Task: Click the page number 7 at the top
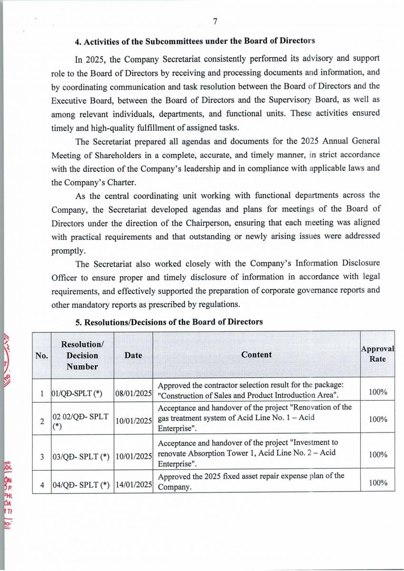pyautogui.click(x=215, y=21)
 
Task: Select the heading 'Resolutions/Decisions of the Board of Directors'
pyautogui.click(x=169, y=322)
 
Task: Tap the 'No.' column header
pyautogui.click(x=41, y=355)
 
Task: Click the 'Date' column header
pyautogui.click(x=133, y=355)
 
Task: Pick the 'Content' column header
pyautogui.click(x=256, y=354)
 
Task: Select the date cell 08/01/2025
pyautogui.click(x=133, y=393)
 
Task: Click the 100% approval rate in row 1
pyautogui.click(x=378, y=392)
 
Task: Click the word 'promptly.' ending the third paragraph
pyautogui.click(x=69, y=250)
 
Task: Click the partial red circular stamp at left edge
pyautogui.click(x=6, y=357)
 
